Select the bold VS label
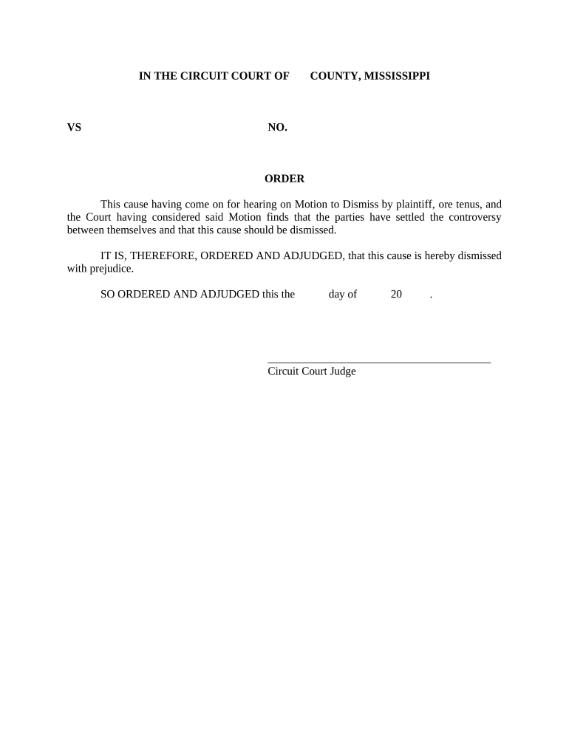(x=74, y=127)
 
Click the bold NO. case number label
(x=277, y=127)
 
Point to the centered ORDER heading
(x=284, y=179)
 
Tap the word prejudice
(x=111, y=268)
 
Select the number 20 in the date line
(x=396, y=294)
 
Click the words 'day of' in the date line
(x=343, y=294)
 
